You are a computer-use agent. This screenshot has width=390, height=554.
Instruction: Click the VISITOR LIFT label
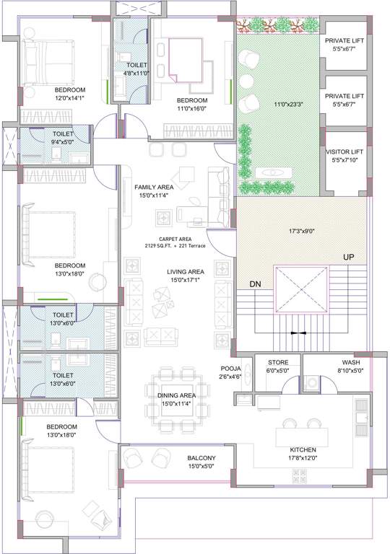[x=344, y=151]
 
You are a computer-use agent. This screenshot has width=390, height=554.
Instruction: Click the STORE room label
[x=278, y=362]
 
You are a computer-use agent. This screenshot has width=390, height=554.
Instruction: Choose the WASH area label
[x=351, y=362]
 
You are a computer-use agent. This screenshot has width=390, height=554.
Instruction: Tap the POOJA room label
[x=230, y=369]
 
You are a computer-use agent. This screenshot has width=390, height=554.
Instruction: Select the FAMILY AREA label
[x=152, y=187]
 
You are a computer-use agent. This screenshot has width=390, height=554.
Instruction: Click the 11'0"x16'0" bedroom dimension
[x=193, y=110]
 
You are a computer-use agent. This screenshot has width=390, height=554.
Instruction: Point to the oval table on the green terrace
[x=272, y=172]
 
